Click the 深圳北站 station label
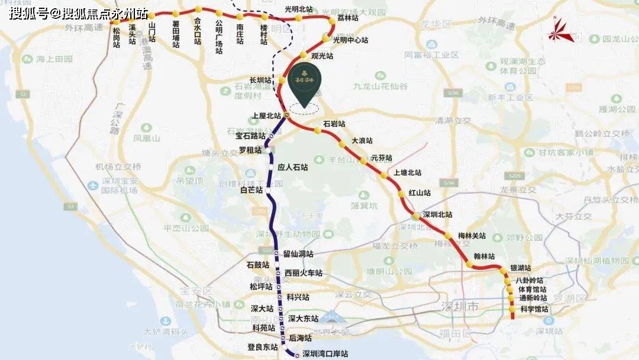click(437, 214)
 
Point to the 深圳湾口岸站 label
click(325, 354)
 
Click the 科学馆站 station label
click(534, 309)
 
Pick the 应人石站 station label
click(293, 168)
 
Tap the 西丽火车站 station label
click(303, 273)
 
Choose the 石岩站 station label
click(334, 124)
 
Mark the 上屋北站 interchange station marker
click(286, 115)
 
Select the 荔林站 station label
click(348, 18)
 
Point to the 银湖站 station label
click(520, 268)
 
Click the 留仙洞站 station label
click(298, 254)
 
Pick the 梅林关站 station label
click(472, 235)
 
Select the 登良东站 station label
click(262, 346)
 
